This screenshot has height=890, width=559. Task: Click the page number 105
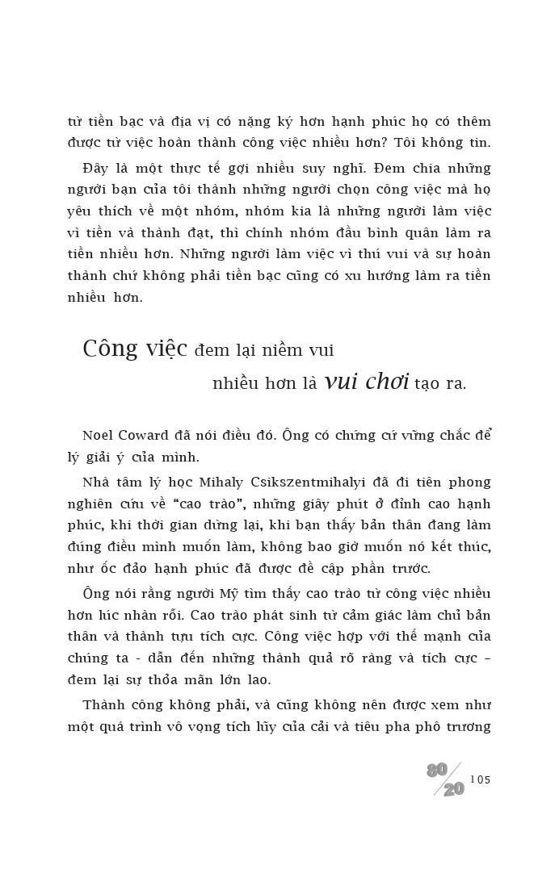[480, 779]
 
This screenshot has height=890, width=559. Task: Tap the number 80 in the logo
[437, 770]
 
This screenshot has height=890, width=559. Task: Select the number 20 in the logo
[454, 789]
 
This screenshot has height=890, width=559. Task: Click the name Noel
[99, 435]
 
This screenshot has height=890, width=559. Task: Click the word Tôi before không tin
[377, 143]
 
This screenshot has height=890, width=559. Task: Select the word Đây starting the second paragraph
[98, 168]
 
